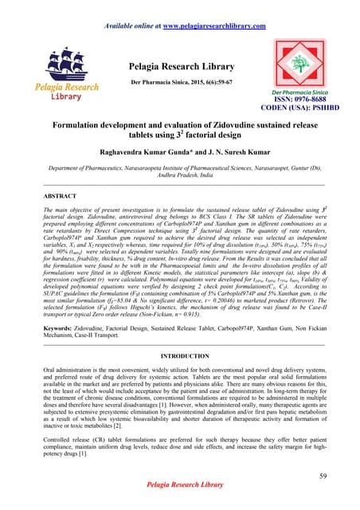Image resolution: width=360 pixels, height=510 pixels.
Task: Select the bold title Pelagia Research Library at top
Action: click(x=180, y=49)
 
